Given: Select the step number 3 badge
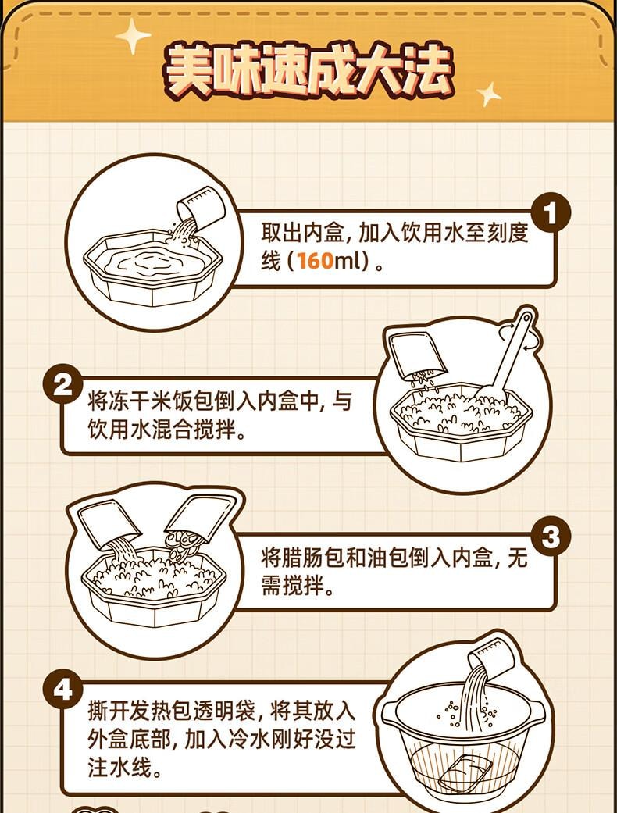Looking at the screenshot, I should [x=551, y=537].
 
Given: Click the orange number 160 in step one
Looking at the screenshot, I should [x=316, y=261].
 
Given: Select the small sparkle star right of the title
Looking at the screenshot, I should [x=490, y=94].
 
